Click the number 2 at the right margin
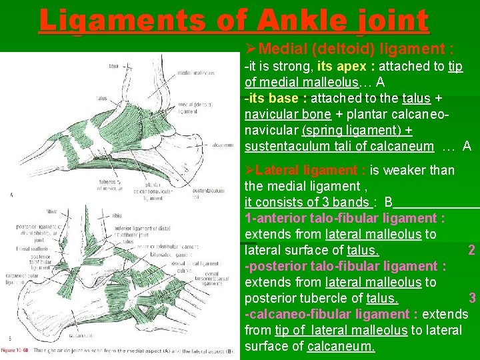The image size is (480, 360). [x=471, y=250]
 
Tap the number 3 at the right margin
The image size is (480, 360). [x=471, y=298]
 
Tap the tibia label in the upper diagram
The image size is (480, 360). [x=114, y=66]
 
